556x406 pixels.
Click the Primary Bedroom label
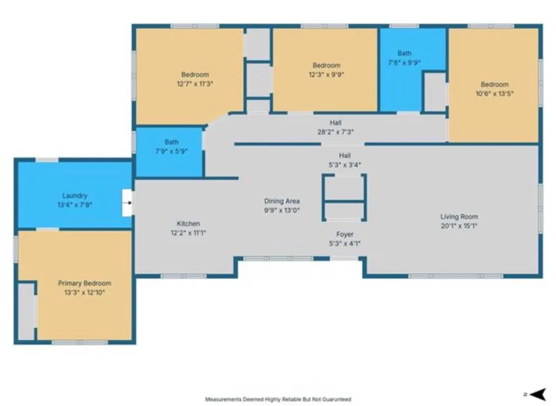click(85, 283)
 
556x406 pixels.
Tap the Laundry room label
click(74, 195)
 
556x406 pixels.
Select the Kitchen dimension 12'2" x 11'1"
click(188, 233)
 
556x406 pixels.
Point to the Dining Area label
click(282, 201)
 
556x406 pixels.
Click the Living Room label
click(459, 217)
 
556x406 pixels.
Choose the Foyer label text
click(344, 234)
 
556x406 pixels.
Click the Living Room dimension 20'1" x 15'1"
click(459, 226)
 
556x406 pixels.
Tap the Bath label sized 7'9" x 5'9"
click(171, 142)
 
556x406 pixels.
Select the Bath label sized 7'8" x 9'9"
click(404, 53)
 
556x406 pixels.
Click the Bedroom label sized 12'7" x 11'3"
click(195, 74)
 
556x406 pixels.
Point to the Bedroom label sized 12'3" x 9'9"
click(326, 65)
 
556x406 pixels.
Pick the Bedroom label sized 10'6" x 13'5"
click(494, 85)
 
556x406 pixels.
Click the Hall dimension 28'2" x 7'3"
click(335, 132)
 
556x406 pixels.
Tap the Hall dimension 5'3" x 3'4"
click(344, 164)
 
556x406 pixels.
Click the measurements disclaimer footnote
click(278, 399)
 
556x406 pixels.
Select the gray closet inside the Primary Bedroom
click(26, 311)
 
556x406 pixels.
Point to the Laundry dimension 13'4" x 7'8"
click(74, 205)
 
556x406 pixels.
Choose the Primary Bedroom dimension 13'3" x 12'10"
click(85, 293)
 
